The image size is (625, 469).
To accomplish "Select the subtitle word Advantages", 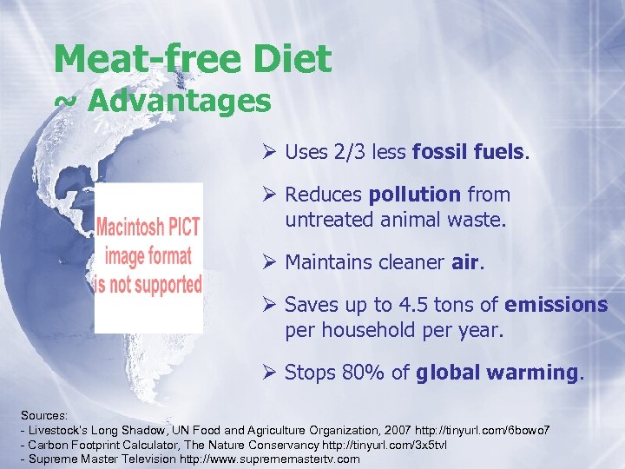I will (179, 102).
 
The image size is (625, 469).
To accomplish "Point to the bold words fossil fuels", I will (469, 152).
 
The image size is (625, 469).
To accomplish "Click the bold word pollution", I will (415, 195).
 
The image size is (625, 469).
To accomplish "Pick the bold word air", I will (465, 261).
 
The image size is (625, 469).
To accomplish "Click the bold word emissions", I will (556, 305).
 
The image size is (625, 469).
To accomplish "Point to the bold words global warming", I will (497, 373).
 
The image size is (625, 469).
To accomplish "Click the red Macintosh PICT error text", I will (148, 256).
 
